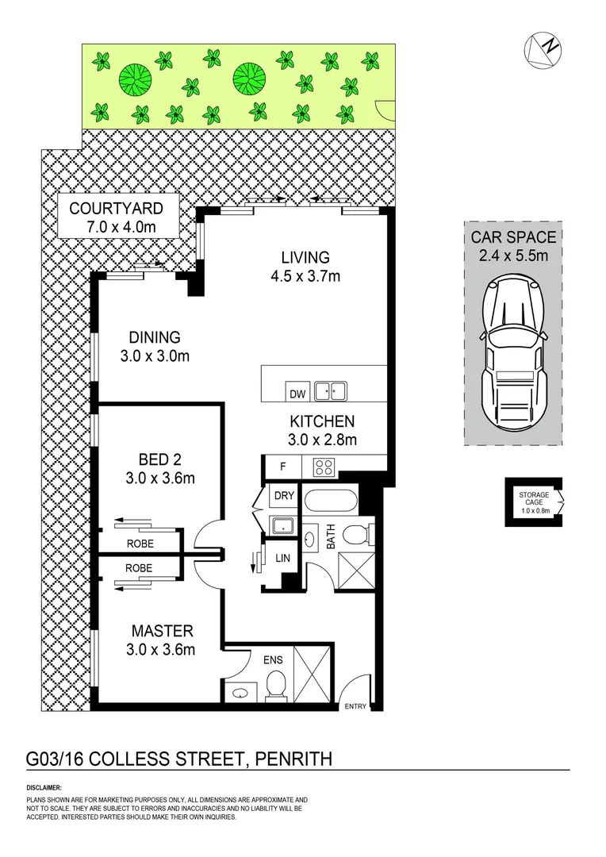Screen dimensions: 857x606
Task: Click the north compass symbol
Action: [x=543, y=49]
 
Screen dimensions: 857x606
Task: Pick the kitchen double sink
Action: [x=331, y=390]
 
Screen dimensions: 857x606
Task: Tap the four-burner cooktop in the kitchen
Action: [x=324, y=467]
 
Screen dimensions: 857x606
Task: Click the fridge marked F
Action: [x=282, y=467]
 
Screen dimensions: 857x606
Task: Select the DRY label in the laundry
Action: [x=284, y=496]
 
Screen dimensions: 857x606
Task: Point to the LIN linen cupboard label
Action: [x=282, y=559]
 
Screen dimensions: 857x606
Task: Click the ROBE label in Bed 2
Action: [x=140, y=544]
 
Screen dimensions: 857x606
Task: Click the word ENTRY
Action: [x=355, y=707]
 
